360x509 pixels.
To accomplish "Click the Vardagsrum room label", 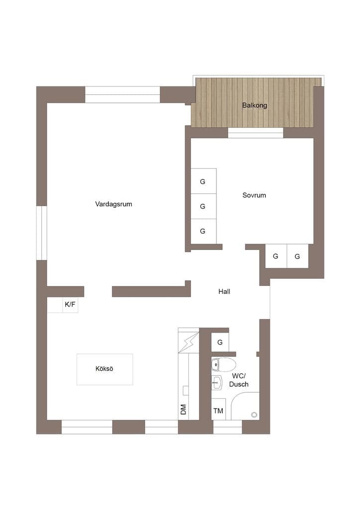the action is point(113,204).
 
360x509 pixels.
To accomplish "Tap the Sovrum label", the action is point(254,195).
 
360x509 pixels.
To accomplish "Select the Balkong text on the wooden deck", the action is point(255,105).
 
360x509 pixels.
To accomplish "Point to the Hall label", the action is point(224,291).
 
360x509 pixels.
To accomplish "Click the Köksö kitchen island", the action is point(104,369).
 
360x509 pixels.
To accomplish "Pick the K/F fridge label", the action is point(70,305).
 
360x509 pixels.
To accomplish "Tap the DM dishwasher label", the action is point(183,410).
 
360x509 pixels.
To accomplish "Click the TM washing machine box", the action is point(218,410).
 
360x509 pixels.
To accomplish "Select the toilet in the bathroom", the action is point(223,365).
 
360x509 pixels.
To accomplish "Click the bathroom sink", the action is point(217,383).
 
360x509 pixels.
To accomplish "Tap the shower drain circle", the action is point(255,415).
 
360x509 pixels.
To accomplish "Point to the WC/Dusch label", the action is point(239,380).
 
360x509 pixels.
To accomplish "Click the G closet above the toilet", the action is point(220,342).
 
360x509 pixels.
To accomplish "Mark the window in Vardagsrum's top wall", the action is point(122,94).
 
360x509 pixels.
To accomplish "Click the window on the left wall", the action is point(42,233).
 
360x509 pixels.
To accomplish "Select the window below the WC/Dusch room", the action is point(228,427).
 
